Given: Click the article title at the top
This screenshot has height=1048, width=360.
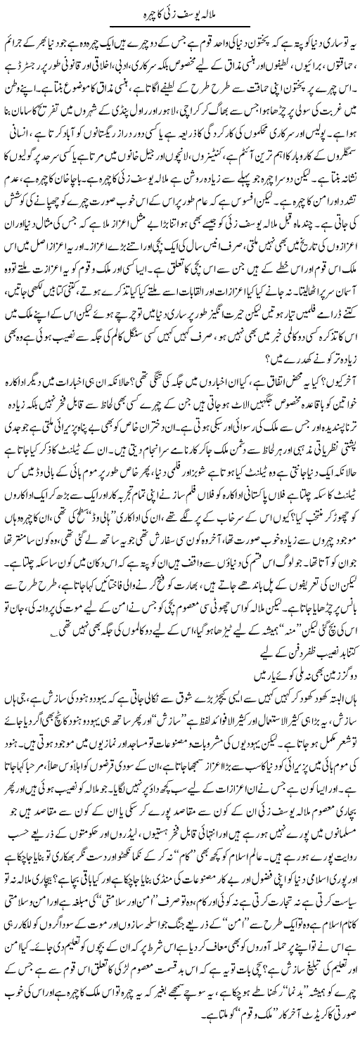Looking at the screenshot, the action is pos(180,12).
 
